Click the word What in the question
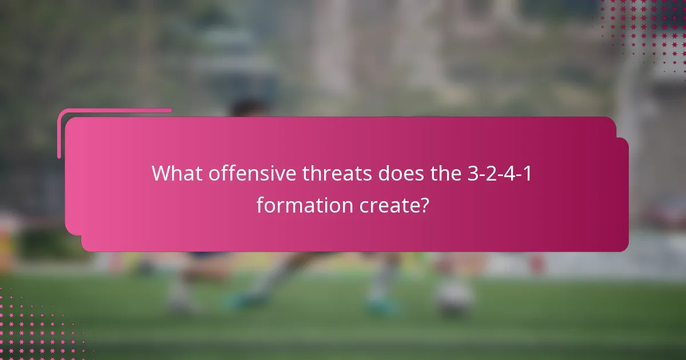pos(177,173)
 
